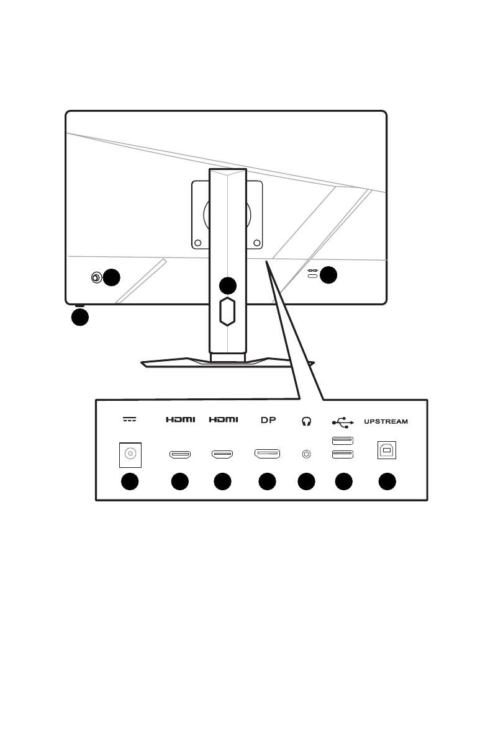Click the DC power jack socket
[130, 454]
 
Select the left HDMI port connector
[179, 454]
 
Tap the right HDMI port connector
[223, 454]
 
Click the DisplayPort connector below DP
[267, 454]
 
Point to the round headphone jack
[306, 454]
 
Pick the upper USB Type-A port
[343, 441]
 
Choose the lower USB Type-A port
[343, 454]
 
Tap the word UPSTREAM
[386, 421]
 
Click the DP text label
[268, 420]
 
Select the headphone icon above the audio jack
[305, 421]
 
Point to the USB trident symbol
[343, 421]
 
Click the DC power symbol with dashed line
[129, 419]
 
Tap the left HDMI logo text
[180, 420]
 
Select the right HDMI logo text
[223, 420]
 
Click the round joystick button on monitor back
[96, 277]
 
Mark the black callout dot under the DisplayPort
[267, 481]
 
